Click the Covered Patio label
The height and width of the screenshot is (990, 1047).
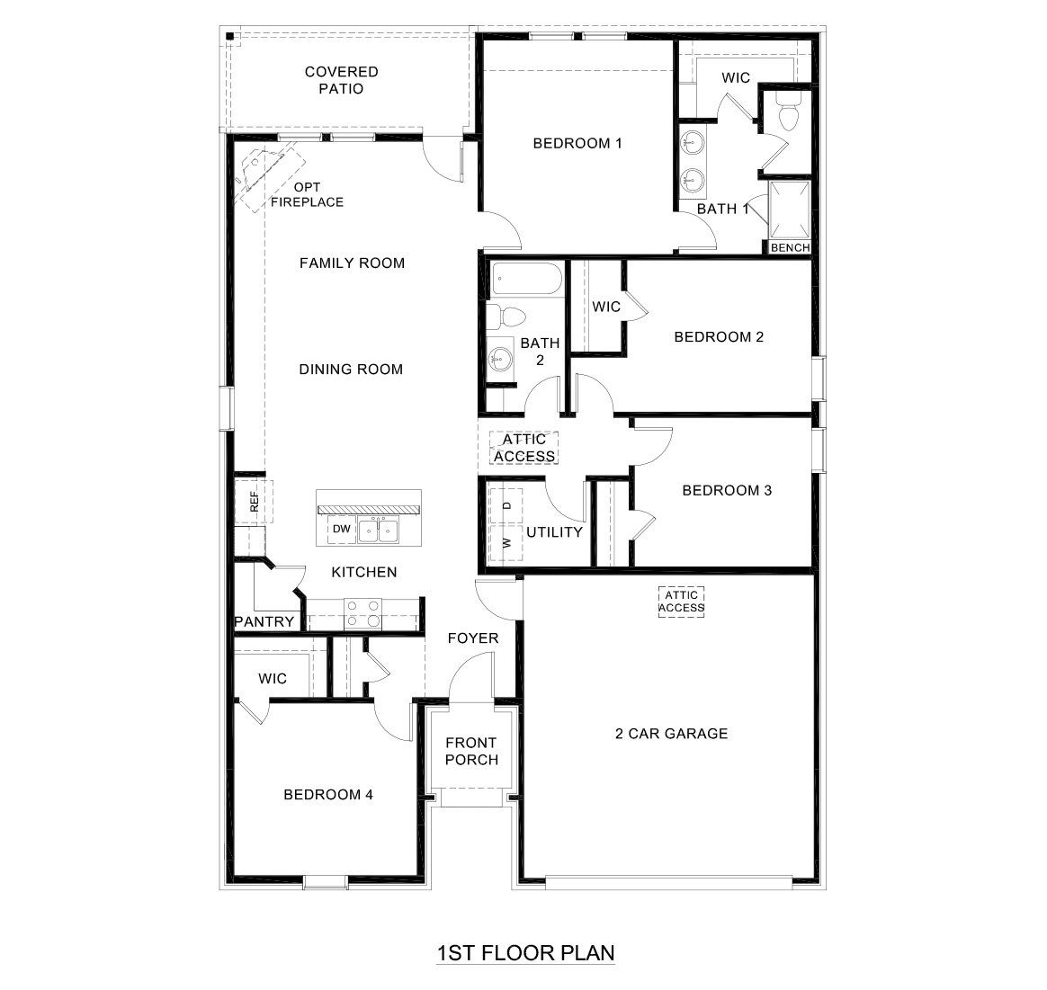click(341, 80)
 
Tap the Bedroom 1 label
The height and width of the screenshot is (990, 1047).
click(577, 143)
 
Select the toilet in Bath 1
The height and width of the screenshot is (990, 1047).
click(787, 118)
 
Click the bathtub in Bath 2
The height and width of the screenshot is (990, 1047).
click(526, 279)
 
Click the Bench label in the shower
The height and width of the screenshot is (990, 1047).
click(791, 247)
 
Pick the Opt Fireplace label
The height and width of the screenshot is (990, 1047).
click(307, 194)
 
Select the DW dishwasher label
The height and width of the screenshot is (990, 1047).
click(341, 529)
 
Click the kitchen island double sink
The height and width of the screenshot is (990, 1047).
click(378, 531)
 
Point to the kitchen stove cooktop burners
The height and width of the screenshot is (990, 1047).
click(363, 613)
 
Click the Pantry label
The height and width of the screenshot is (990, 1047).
click(264, 621)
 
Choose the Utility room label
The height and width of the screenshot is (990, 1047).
click(555, 531)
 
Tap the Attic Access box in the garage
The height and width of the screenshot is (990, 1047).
click(681, 601)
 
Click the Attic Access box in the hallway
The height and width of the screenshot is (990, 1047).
click(524, 448)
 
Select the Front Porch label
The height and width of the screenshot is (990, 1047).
click(471, 751)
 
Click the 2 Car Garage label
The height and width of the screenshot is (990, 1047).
click(671, 733)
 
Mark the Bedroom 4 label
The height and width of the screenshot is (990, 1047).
click(328, 794)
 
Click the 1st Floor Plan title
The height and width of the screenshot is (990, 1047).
click(525, 952)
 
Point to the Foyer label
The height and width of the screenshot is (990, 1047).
click(473, 638)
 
